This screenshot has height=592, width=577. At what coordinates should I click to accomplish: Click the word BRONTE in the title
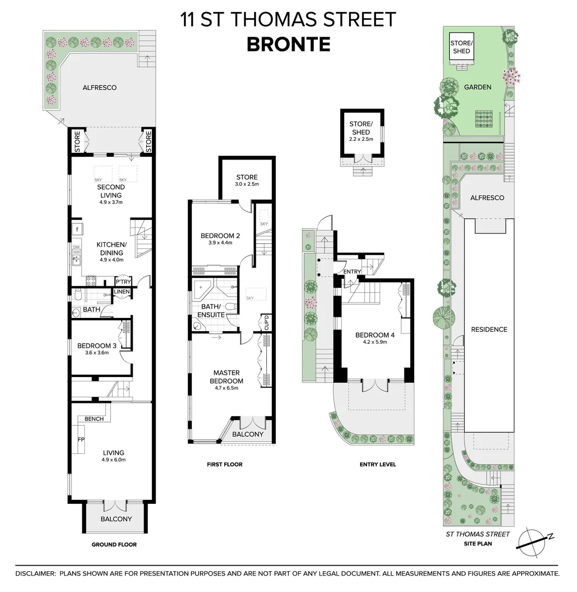coord(288,44)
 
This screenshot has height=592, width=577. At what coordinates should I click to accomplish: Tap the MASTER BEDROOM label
coord(227,377)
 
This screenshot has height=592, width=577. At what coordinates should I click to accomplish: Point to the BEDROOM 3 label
coord(96,346)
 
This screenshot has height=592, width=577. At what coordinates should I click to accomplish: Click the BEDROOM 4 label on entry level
coord(375,335)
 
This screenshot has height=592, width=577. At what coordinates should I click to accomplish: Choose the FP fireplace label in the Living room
coord(81,440)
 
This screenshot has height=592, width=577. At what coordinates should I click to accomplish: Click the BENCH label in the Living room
coord(94,419)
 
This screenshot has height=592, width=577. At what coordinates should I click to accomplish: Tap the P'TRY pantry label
coord(122,282)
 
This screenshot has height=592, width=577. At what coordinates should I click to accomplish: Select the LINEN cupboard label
coord(122,292)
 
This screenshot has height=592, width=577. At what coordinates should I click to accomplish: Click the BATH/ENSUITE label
coord(211,311)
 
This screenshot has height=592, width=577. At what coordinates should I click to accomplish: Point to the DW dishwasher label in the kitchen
coord(77,247)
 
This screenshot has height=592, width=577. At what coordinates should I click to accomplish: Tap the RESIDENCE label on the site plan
coord(489,329)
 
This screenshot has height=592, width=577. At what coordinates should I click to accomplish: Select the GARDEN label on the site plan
coord(477,87)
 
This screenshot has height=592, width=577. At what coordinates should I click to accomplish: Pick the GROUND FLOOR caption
coord(114,544)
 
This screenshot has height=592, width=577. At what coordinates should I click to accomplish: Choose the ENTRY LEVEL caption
coord(378,464)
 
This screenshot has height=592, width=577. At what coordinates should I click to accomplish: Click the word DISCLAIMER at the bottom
coord(35,573)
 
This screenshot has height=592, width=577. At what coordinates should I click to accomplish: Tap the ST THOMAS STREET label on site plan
coord(478,534)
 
